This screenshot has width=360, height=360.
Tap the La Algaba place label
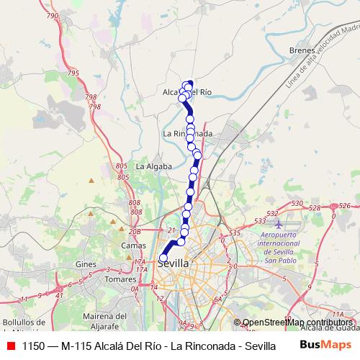[153, 166]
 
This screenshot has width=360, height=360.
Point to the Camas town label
[133, 246]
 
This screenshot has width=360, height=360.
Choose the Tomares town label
[120, 279]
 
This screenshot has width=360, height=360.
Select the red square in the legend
[11, 346]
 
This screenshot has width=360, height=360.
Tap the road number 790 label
[52, 15]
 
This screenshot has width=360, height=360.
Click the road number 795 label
[73, 73]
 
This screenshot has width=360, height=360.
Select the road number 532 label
[272, 214]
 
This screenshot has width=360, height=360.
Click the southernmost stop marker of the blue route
[163, 258]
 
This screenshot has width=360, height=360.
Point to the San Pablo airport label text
[279, 260]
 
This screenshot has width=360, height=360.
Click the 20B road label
[134, 231]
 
